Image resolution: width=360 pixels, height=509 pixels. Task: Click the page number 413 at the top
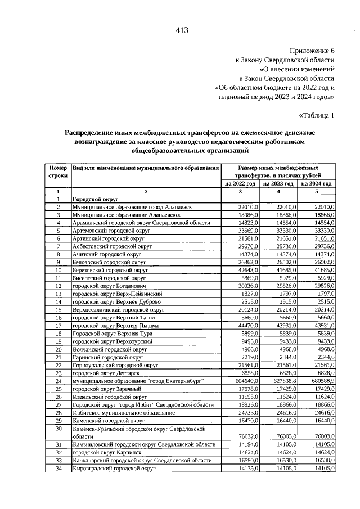pos(181,30)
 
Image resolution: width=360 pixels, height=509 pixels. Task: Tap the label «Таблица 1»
pos(317,116)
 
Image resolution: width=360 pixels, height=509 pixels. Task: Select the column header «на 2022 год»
pos(240,183)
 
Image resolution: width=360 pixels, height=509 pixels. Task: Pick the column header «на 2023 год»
pos(278,183)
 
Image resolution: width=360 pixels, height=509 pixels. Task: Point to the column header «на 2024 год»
pos(317,183)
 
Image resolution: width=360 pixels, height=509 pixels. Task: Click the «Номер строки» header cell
pos(58,172)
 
